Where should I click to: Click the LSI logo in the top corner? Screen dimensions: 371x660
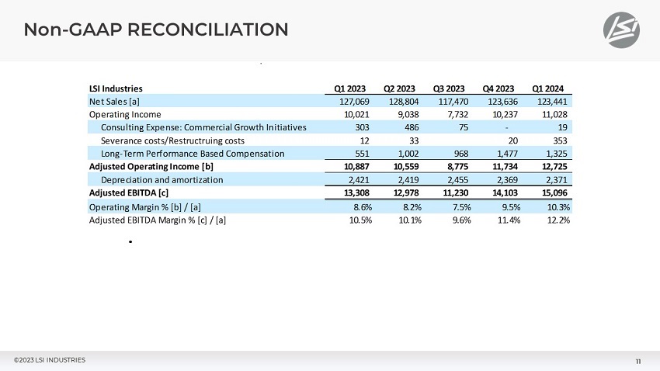623,30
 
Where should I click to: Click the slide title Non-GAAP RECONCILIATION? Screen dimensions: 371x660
156,30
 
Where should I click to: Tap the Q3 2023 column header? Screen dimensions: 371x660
449,88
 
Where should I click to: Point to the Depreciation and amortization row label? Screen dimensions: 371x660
162,180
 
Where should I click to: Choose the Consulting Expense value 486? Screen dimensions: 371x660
410,127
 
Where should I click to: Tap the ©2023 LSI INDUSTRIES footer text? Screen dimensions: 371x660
50,359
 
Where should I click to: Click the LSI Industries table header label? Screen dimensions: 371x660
116,88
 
